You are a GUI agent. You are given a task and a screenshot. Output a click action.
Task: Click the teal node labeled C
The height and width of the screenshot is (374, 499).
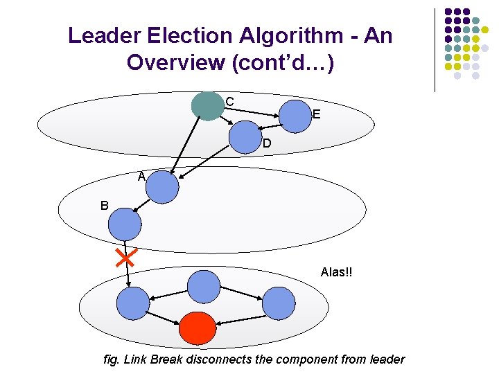[x=208, y=106]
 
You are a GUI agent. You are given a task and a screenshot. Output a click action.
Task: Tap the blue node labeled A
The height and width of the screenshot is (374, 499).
[x=162, y=187]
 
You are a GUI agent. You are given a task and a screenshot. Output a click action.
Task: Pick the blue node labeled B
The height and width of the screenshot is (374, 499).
[x=125, y=224]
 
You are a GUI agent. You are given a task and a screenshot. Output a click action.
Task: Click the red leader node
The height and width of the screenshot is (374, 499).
[x=198, y=328]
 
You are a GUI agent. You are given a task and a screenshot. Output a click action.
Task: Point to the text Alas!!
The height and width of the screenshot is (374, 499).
[x=336, y=272]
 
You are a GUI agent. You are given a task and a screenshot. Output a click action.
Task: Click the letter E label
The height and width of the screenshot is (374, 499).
[x=316, y=115]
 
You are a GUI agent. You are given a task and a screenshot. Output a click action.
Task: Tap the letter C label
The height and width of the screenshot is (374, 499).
[x=229, y=102]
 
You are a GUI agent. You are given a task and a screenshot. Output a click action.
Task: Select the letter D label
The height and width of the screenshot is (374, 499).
[x=266, y=145]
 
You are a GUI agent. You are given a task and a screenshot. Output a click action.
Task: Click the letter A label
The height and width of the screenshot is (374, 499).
[x=141, y=177]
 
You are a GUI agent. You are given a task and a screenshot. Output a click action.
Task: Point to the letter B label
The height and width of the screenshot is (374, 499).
[x=104, y=206]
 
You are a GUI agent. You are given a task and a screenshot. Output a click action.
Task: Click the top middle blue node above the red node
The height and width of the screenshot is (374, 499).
[x=203, y=286]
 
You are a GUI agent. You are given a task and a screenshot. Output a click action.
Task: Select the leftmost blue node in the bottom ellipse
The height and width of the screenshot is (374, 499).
[x=132, y=303]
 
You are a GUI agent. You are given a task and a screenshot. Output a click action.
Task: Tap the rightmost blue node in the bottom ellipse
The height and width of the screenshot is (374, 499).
[x=278, y=303]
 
